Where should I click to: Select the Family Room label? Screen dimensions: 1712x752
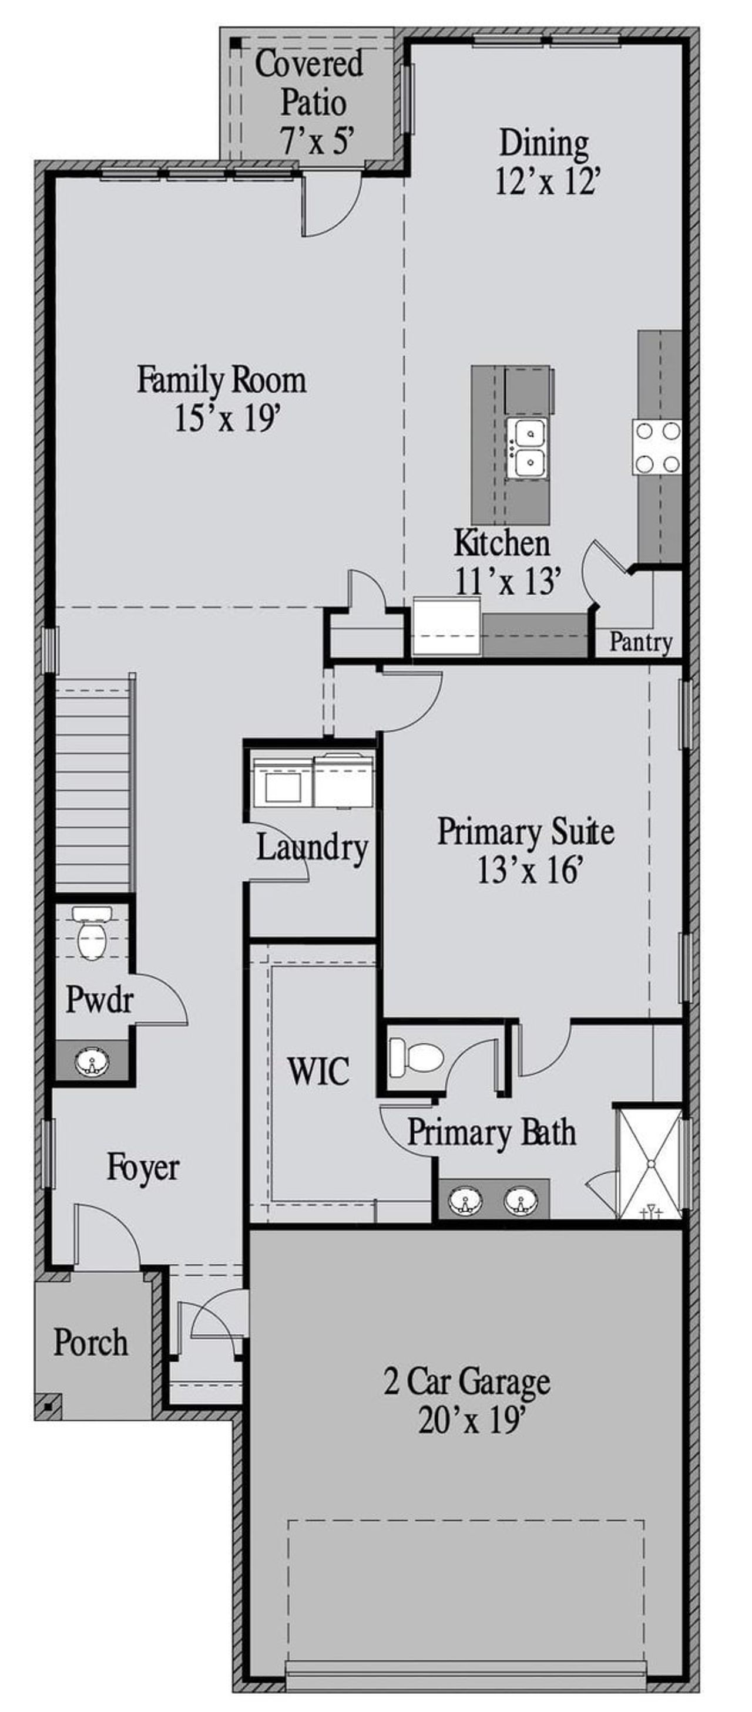tap(221, 381)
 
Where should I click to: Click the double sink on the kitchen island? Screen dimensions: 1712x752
tap(525, 448)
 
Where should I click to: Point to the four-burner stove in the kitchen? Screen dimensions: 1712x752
tap(657, 447)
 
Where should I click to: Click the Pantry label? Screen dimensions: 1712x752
tap(640, 643)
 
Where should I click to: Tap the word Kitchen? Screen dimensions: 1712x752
tap(502, 543)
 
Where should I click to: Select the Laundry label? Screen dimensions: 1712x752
tap(312, 847)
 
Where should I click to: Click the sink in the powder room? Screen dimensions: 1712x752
tap(91, 1061)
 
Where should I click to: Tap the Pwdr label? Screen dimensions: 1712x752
tap(99, 1000)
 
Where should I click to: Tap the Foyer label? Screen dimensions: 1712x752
tap(143, 1168)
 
